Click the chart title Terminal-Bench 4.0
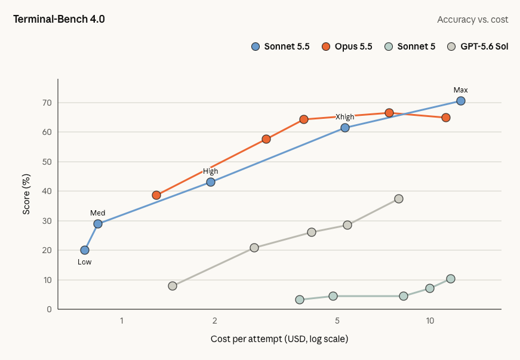pos(59,19)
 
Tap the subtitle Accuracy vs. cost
pos(473,20)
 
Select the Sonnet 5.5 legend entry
pos(280,47)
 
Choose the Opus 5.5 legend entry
pos(347,47)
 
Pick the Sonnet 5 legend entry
pos(411,47)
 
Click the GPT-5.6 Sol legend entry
pos(478,47)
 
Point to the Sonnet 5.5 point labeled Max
pos(461,101)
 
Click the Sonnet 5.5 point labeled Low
pos(85,250)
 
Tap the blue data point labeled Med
pos(98,224)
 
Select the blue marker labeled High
pos(211,182)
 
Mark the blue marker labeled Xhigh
pos(345,128)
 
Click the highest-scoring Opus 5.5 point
pos(389,113)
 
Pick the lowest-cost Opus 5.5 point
pos(156,195)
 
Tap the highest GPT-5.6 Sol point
pos(399,199)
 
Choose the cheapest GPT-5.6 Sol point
pos(173,286)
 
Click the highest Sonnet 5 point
pos(450,279)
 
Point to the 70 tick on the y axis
pos(47,103)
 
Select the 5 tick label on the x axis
pos(337,321)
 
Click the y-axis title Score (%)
pos(26,194)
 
